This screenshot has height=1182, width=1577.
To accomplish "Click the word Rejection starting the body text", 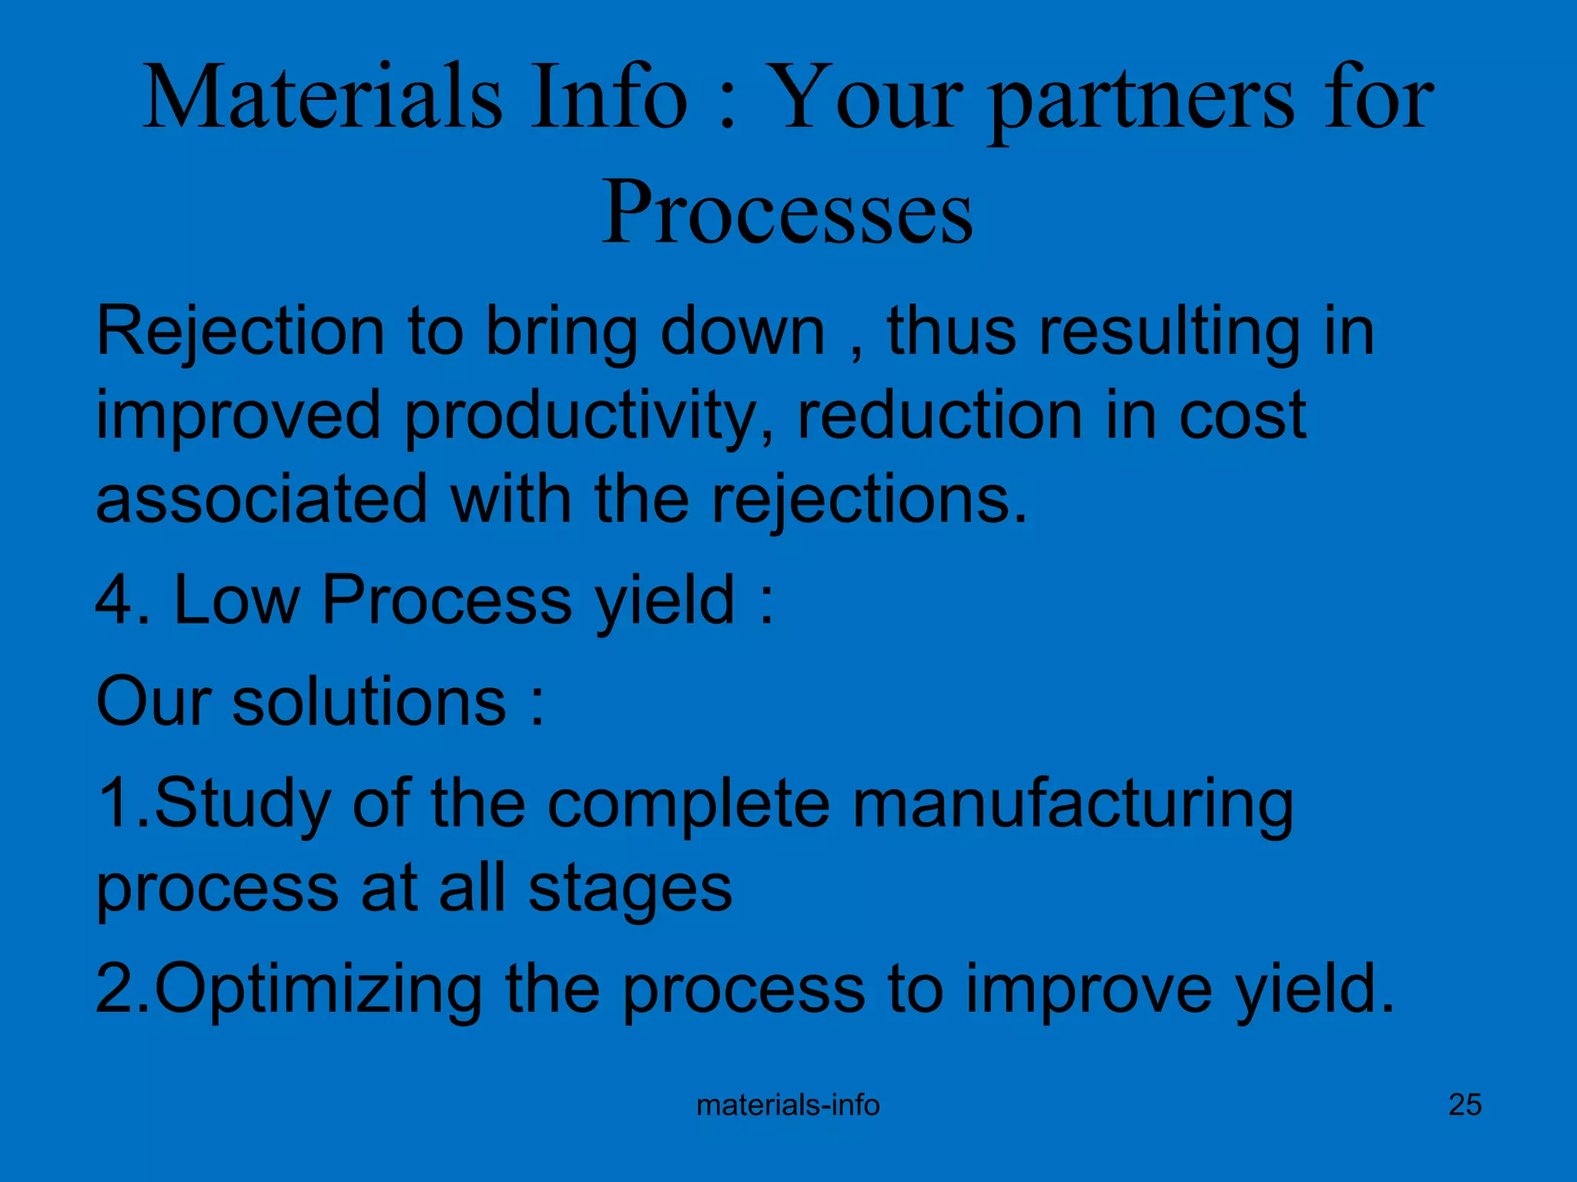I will click(239, 332).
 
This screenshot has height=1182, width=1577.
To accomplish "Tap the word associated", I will click(262, 499).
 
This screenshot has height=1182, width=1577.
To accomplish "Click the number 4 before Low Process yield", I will click(115, 601).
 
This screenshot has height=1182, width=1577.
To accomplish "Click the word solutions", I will click(369, 701).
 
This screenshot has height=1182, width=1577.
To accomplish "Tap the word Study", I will click(243, 804).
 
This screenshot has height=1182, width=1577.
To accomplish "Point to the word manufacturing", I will click(1073, 804).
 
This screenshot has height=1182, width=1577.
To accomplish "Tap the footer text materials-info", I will click(788, 1105).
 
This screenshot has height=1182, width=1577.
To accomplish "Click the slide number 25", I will click(1465, 1104).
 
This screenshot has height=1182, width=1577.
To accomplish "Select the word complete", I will click(688, 804).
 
